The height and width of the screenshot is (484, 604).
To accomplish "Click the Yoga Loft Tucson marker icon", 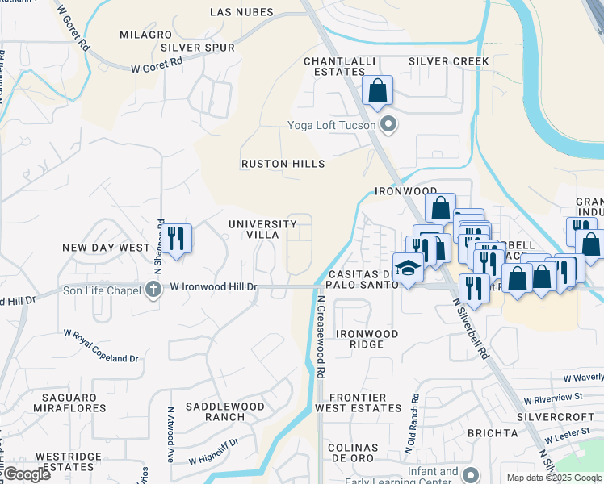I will [x=389, y=125].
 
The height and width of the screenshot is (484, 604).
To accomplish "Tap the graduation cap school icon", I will [x=409, y=267].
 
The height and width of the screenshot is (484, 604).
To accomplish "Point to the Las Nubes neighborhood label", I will [x=241, y=12].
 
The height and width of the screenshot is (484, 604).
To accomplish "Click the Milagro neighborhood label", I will [x=145, y=35].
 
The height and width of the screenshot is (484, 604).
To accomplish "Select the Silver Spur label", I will [x=197, y=48].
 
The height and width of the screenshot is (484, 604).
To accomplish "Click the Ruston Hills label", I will [x=283, y=164].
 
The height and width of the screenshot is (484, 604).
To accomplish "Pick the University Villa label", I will [x=262, y=229].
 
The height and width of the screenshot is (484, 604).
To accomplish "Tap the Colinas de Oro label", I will [x=352, y=453].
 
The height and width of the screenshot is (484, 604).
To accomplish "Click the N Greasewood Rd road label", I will [x=321, y=337].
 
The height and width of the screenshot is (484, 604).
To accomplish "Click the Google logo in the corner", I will [x=27, y=474].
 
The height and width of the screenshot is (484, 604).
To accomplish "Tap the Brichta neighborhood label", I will [x=491, y=433].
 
